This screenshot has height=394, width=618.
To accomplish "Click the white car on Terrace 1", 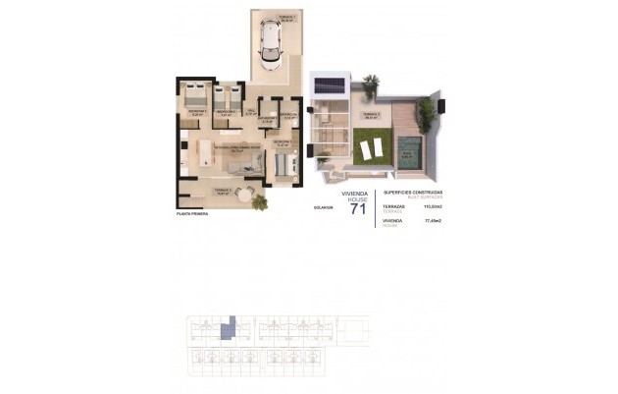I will [271, 44].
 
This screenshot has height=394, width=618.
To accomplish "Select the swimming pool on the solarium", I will [410, 150].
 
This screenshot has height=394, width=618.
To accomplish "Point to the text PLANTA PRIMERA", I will [193, 212].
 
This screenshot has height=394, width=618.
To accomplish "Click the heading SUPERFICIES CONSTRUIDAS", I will [414, 192].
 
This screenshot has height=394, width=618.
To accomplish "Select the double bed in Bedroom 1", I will [195, 96].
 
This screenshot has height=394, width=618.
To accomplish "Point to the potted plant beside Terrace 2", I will [260, 201].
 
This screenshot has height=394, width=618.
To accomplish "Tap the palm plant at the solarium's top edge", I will [370, 85].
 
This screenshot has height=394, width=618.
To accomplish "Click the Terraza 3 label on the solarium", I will [371, 114].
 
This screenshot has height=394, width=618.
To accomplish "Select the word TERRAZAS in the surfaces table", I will [395, 207].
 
